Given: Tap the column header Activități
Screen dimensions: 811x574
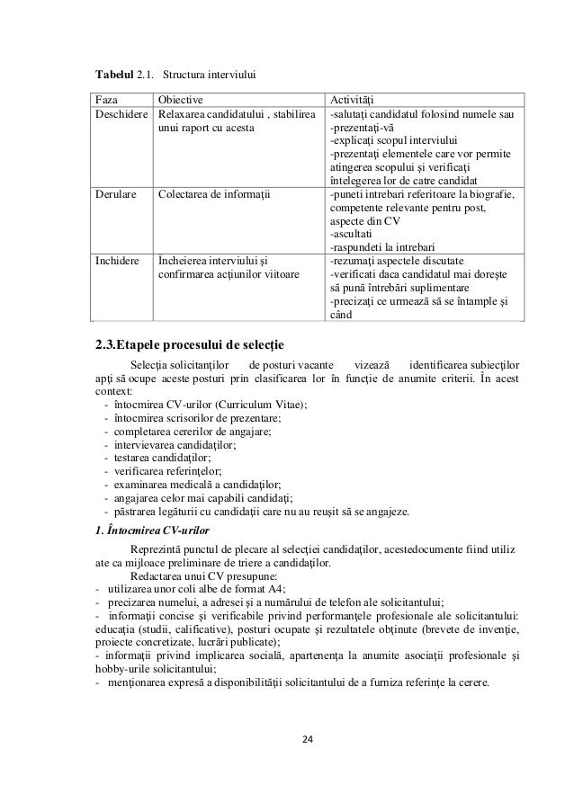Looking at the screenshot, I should tap(354, 100).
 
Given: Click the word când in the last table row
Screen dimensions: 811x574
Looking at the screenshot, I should tap(342, 314).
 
